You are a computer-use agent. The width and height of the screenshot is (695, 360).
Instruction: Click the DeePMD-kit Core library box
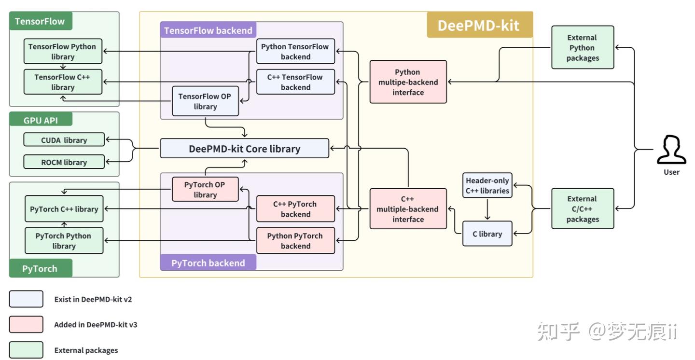point(244,149)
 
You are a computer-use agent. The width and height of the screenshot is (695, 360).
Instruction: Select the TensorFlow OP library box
point(205,101)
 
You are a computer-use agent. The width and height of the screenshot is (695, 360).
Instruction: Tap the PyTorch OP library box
point(205,189)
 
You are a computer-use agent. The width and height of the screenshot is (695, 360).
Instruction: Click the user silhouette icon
point(671,151)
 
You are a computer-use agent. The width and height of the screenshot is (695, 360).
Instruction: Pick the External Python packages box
point(583,48)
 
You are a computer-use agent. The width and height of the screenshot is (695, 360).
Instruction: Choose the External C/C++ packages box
point(583,209)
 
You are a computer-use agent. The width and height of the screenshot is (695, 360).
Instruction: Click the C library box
point(487,234)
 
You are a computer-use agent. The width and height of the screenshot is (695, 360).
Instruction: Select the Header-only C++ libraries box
point(487,185)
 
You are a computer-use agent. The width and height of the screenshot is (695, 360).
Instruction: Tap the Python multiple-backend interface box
point(408,82)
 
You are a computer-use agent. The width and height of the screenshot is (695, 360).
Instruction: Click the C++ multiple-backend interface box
point(408,209)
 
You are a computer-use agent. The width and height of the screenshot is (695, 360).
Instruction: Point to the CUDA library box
point(64,140)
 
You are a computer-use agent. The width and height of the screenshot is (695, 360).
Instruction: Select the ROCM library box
point(64,162)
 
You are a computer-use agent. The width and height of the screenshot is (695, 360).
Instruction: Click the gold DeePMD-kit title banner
point(479,26)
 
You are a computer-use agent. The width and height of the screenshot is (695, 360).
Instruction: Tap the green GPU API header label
point(41,120)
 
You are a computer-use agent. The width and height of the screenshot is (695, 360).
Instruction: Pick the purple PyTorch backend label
point(208,263)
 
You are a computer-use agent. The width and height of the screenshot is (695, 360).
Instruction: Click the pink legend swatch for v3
point(26,325)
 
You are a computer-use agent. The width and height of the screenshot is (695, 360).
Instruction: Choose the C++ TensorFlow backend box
point(295,82)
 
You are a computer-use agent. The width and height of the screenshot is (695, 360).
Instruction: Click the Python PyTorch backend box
point(295,241)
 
